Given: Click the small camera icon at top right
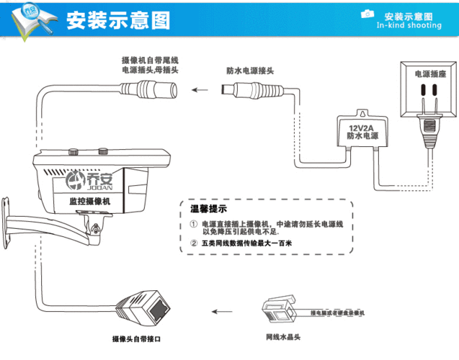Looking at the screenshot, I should click(367, 14).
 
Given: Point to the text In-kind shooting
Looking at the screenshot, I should click(409, 25).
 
